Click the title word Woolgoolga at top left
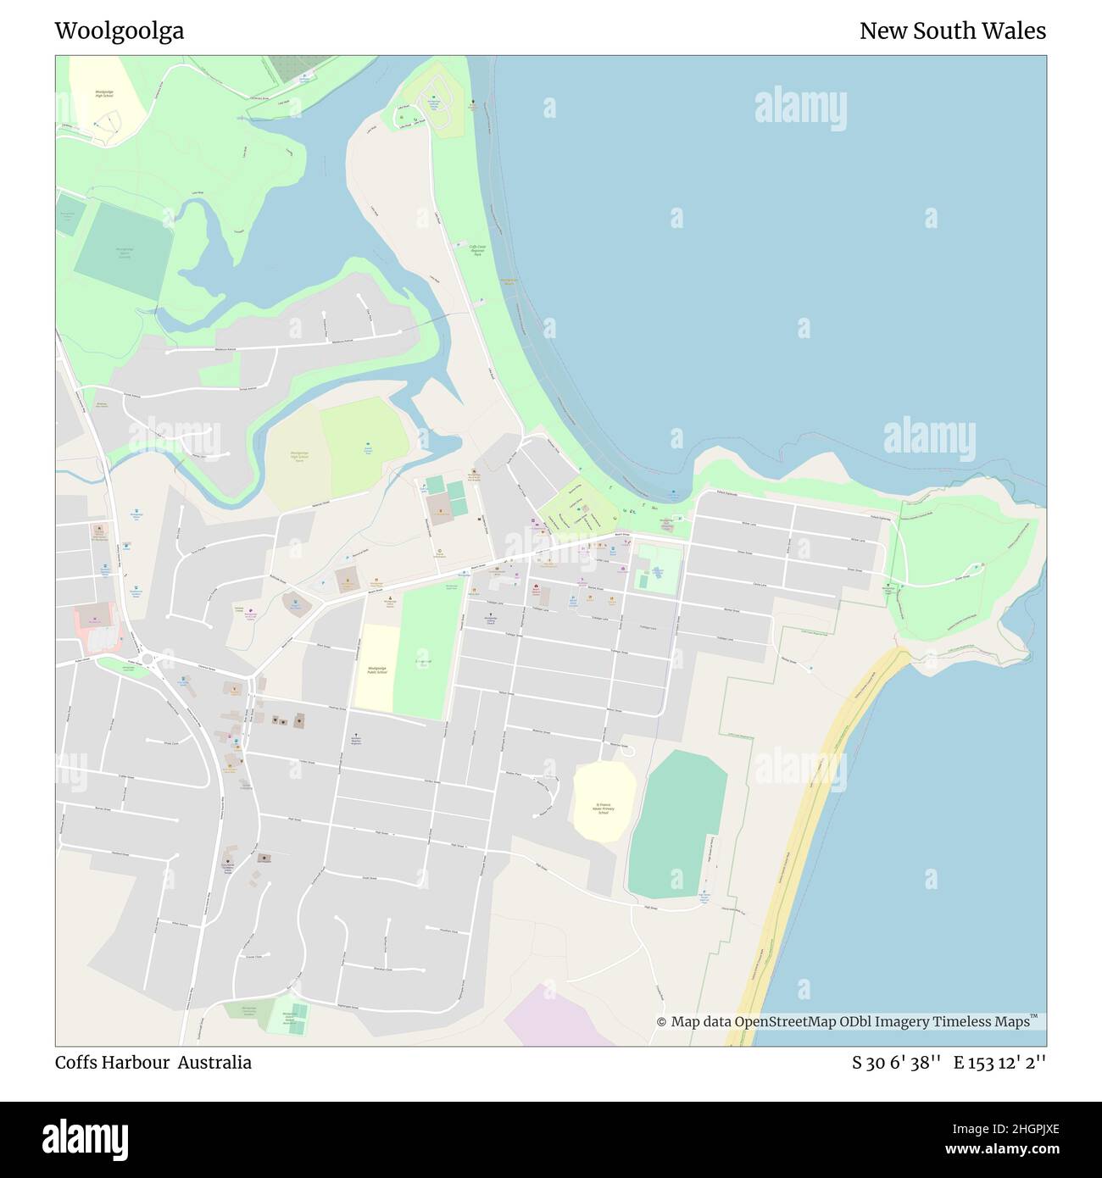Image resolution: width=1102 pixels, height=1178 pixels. pos(120,31)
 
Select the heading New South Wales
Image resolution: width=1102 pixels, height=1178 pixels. pos(952,31)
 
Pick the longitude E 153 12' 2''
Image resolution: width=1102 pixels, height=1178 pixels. pos(999,1062)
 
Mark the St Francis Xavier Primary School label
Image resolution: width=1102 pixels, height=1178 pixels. pos(604,808)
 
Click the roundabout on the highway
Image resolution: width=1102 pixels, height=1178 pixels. pos(148,658)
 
